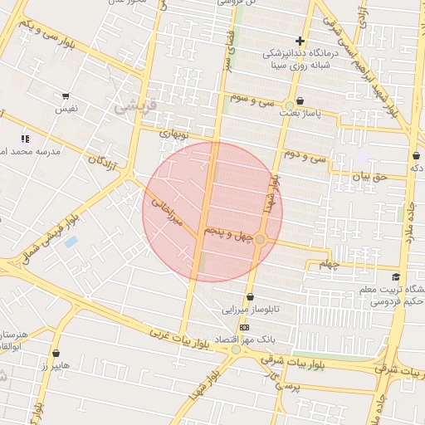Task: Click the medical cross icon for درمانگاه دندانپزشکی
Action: (x=300, y=41)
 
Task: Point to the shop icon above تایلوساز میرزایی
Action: (x=250, y=297)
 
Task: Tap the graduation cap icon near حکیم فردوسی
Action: (x=396, y=277)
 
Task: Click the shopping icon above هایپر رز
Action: (x=56, y=353)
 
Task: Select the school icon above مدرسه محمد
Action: (x=25, y=138)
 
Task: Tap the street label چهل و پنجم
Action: (x=229, y=234)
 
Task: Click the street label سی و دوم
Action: (x=305, y=154)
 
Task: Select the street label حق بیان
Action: (x=370, y=176)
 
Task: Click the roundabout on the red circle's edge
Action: (x=260, y=240)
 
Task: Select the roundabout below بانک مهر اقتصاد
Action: (x=236, y=349)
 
